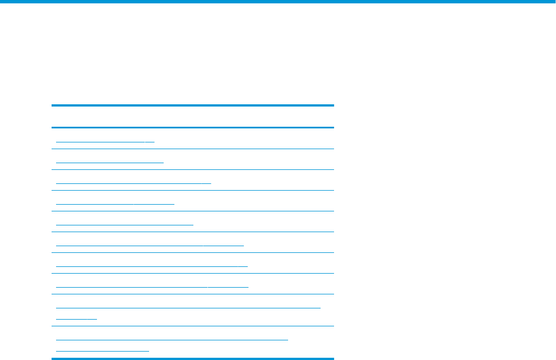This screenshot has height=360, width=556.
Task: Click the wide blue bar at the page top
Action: tap(278, 2)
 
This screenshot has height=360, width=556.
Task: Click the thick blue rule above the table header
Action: tap(192, 105)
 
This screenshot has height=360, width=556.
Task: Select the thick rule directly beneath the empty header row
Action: tap(192, 127)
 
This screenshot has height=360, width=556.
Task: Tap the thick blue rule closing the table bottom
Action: tap(192, 358)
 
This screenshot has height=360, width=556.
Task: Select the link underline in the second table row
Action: tap(110, 162)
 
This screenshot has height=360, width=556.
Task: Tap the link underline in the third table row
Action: tap(134, 183)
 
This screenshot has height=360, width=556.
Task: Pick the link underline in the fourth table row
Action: tap(115, 204)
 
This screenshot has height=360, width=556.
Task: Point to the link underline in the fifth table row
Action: tap(125, 224)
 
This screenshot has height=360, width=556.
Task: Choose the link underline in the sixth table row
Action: tap(150, 245)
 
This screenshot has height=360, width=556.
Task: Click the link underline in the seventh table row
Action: tap(152, 266)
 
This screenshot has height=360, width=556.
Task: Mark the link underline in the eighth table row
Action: tap(152, 287)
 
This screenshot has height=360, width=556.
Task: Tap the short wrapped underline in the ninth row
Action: tap(77, 318)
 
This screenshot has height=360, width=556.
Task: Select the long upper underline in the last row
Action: tap(172, 339)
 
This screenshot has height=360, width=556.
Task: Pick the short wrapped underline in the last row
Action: tap(103, 349)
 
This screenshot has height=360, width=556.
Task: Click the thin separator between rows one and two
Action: tap(192, 149)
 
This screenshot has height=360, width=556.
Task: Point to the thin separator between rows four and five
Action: tap(192, 211)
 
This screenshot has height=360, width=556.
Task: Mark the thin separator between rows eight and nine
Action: tap(192, 294)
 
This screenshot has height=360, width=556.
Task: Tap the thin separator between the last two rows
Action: tap(192, 326)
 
